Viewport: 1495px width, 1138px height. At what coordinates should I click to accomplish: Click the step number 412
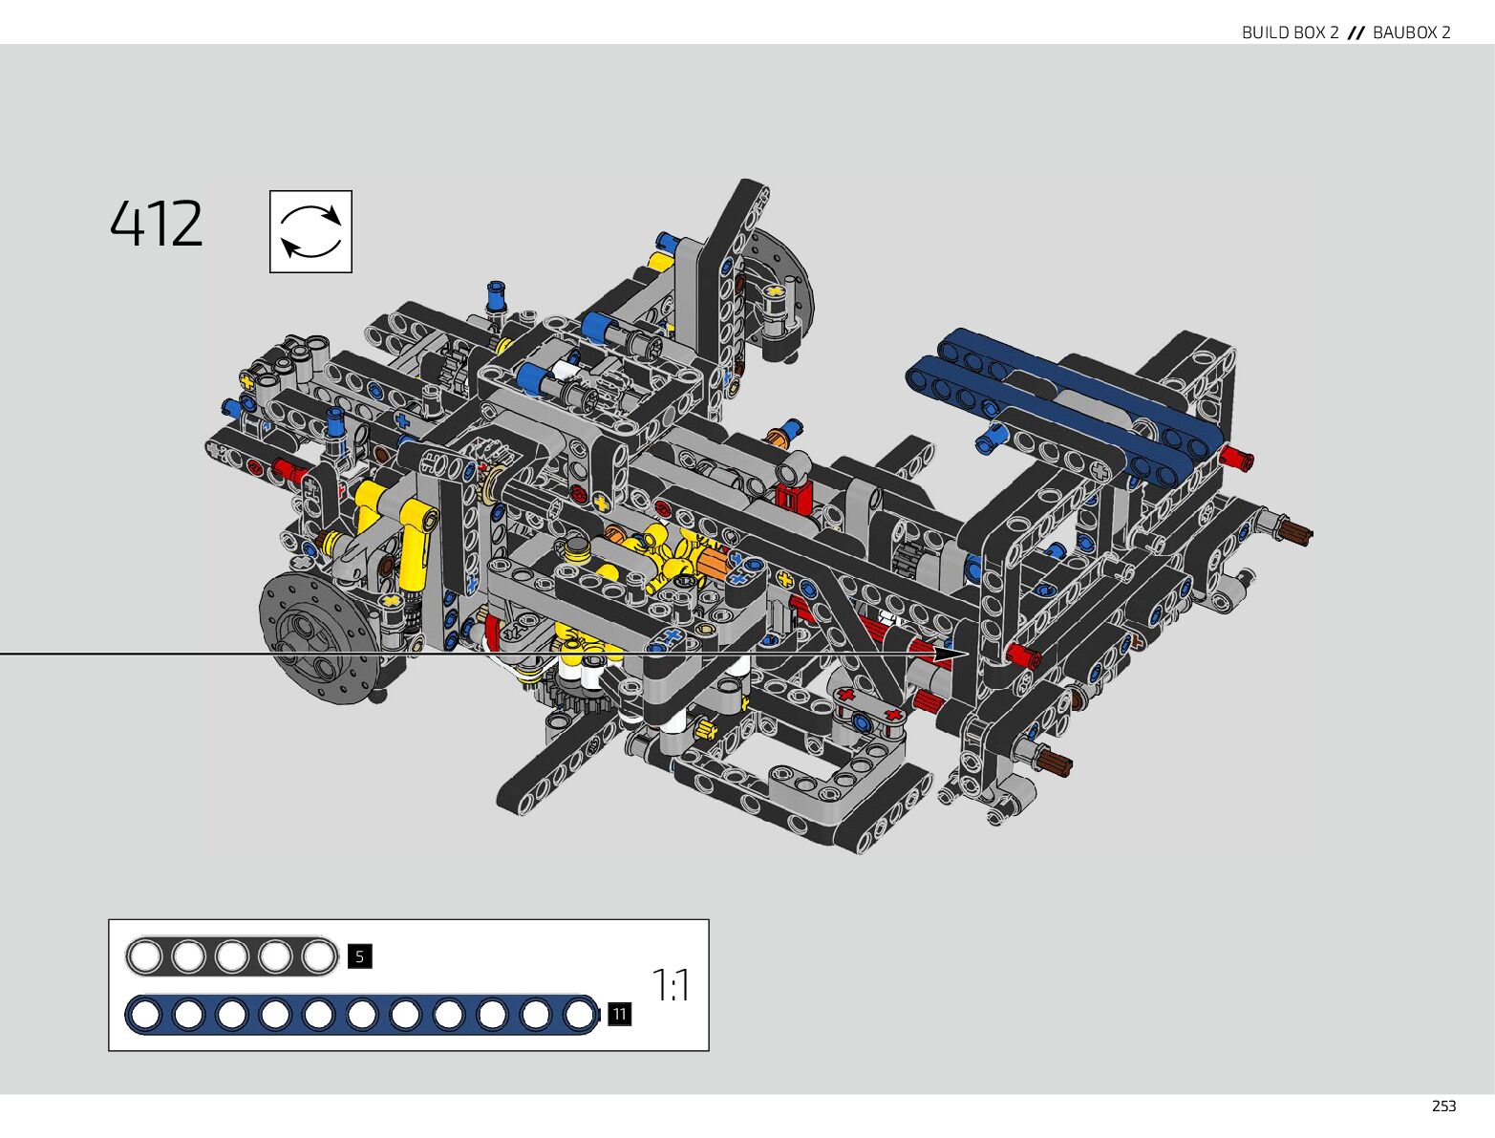click(156, 224)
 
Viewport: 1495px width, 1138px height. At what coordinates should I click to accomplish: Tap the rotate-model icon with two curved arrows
click(310, 231)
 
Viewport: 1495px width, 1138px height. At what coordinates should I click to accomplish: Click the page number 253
click(1444, 1106)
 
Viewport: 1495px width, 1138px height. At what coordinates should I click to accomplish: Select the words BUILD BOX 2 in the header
click(1290, 32)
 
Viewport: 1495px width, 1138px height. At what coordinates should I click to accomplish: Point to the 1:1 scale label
click(671, 985)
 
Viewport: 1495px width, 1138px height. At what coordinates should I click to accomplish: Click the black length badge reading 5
click(359, 956)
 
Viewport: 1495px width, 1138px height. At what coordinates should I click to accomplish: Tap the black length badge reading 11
click(619, 1015)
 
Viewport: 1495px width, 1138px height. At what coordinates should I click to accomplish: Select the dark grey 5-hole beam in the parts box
click(231, 956)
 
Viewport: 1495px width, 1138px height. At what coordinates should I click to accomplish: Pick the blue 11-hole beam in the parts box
click(362, 1015)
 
